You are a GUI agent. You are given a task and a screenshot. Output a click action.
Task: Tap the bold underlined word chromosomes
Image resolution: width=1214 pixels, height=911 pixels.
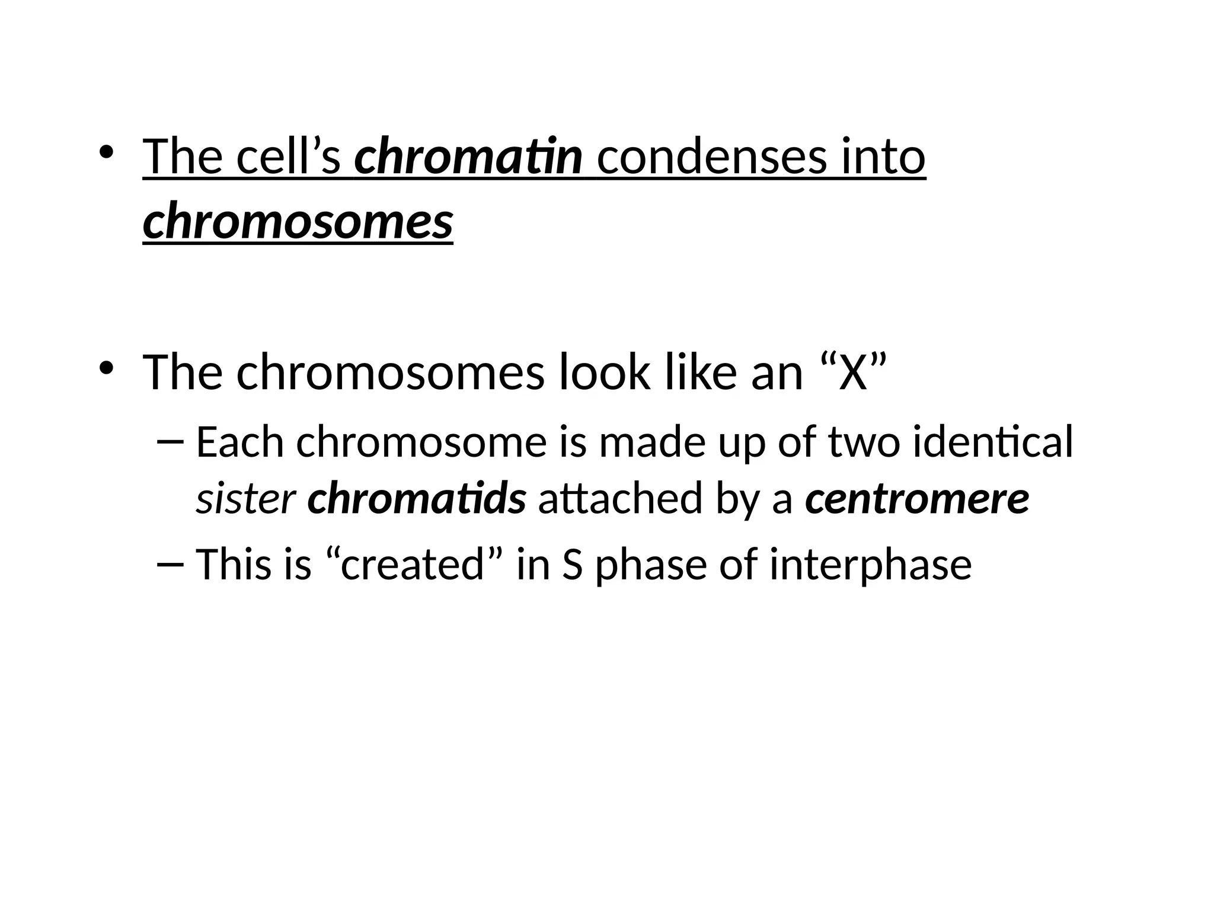tap(298, 222)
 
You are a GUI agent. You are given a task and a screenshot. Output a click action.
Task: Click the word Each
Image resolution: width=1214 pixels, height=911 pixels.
tap(240, 442)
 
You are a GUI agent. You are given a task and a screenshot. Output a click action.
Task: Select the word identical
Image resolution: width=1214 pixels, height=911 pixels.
tap(993, 442)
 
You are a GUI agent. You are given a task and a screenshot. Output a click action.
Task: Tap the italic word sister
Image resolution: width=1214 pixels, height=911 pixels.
tap(245, 499)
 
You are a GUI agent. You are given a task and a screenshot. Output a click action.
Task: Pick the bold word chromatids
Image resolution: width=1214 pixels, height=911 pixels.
tap(416, 499)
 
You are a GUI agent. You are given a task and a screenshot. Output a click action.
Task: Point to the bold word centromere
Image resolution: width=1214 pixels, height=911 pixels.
tap(917, 499)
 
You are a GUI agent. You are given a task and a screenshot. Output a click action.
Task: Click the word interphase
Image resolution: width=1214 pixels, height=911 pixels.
tap(871, 564)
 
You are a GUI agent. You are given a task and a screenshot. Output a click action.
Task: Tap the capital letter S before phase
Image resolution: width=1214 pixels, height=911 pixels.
tap(573, 564)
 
